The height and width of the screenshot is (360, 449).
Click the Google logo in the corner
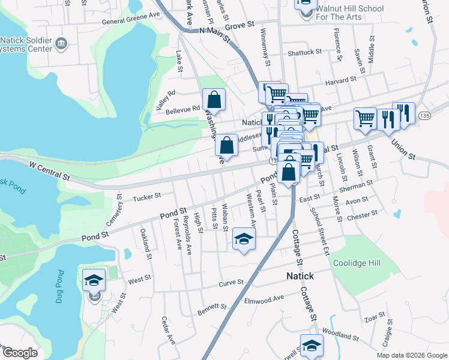tap(19, 353)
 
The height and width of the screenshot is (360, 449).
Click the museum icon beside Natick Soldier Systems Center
tap(61, 43)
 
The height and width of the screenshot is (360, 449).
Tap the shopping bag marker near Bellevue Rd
tap(214, 99)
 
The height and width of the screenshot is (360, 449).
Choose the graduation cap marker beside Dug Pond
tap(94, 279)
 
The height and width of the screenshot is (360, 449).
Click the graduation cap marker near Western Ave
tap(244, 239)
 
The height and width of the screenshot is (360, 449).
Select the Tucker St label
tap(147, 196)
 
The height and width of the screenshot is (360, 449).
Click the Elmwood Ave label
tap(264, 298)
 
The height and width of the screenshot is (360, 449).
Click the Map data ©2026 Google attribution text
tap(411, 355)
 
